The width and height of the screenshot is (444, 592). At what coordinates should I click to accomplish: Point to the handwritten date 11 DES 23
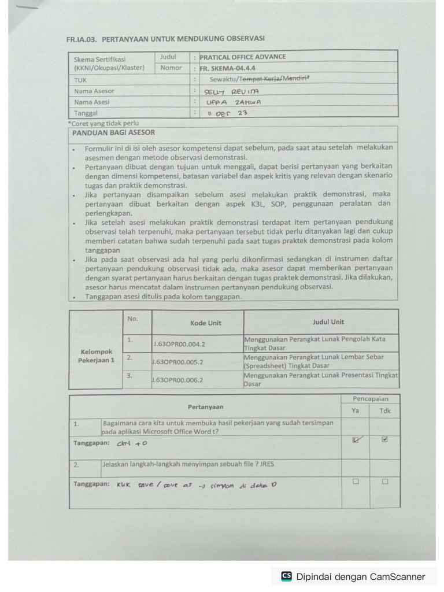tap(227, 113)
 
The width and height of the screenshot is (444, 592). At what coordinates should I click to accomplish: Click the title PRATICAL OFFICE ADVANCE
tap(243, 57)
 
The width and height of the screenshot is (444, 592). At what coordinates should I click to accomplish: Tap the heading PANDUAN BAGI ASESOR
tap(105, 132)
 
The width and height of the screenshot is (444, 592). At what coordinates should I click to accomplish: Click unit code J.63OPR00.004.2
tap(179, 343)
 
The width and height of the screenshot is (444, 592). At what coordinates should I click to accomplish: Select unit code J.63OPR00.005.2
tap(178, 362)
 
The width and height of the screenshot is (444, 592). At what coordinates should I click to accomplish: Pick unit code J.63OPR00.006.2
tap(178, 380)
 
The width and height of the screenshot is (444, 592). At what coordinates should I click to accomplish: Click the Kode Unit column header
tap(206, 323)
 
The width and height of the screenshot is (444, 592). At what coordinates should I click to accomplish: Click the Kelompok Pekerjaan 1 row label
tap(96, 356)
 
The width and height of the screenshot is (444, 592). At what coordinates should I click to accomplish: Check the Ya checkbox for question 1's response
tap(356, 439)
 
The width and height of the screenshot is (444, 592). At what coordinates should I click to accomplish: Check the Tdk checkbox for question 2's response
tap(384, 481)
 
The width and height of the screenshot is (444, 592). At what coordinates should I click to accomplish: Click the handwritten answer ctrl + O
tap(132, 443)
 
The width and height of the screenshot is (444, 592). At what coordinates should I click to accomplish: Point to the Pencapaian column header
tap(371, 399)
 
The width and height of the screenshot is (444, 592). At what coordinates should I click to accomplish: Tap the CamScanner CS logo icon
tap(287, 576)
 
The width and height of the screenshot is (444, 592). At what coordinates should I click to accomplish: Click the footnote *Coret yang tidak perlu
tap(103, 123)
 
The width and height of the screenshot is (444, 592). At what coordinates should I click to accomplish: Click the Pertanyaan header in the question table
tap(205, 406)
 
